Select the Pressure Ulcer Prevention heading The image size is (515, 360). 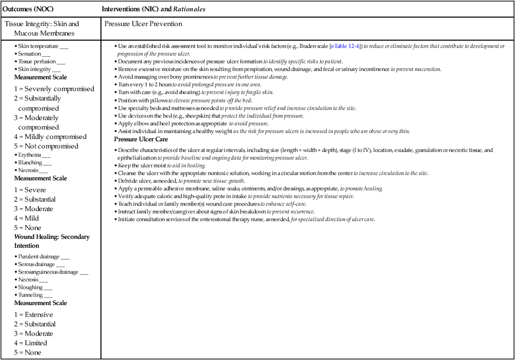click(143, 24)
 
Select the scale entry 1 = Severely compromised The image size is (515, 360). click(54, 89)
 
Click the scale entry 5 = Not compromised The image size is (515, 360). click(46, 146)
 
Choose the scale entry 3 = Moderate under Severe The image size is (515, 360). click(34, 209)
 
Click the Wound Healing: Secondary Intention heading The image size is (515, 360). click(51, 241)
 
